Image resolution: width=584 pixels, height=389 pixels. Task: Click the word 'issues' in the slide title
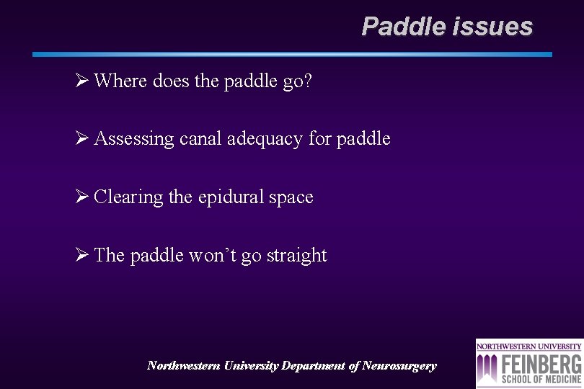point(493,27)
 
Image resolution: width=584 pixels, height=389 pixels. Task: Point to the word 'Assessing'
point(134,139)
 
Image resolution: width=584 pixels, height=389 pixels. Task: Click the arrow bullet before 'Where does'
point(81,81)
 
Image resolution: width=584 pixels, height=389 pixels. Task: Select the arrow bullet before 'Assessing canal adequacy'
point(81,138)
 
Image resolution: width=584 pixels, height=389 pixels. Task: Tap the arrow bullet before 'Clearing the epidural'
point(81,197)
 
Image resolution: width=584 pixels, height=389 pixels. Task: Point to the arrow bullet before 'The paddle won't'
point(81,255)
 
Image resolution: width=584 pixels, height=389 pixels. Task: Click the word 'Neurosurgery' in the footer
point(399,366)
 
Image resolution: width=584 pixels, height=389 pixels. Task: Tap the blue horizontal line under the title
point(292,54)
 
